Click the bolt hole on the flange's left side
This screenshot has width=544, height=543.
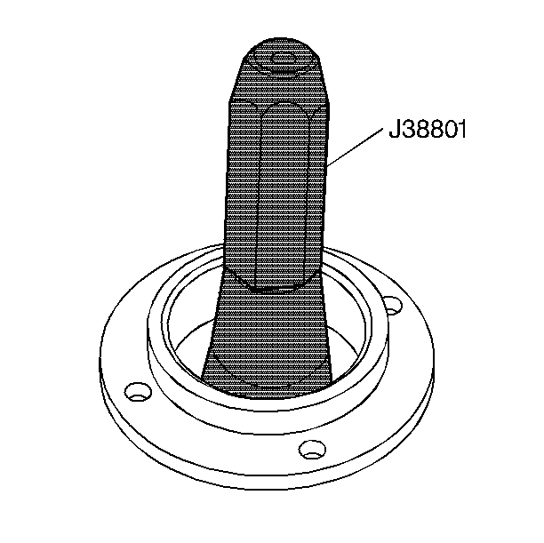138,390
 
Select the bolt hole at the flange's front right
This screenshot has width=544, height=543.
310,450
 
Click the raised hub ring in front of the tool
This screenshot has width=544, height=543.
267,404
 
